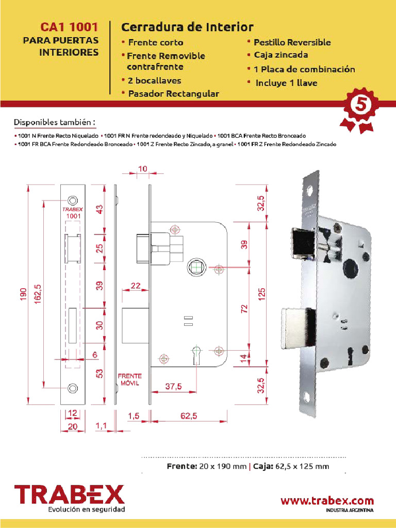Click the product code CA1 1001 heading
pyautogui.click(x=69, y=27)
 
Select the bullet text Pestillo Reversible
pyautogui.click(x=292, y=42)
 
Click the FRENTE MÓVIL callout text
pyautogui.click(x=130, y=380)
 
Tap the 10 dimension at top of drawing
pyautogui.click(x=143, y=169)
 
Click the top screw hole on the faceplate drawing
pyautogui.click(x=73, y=200)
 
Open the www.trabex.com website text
pyautogui.click(x=327, y=500)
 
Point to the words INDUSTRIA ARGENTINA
pyautogui.click(x=350, y=510)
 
